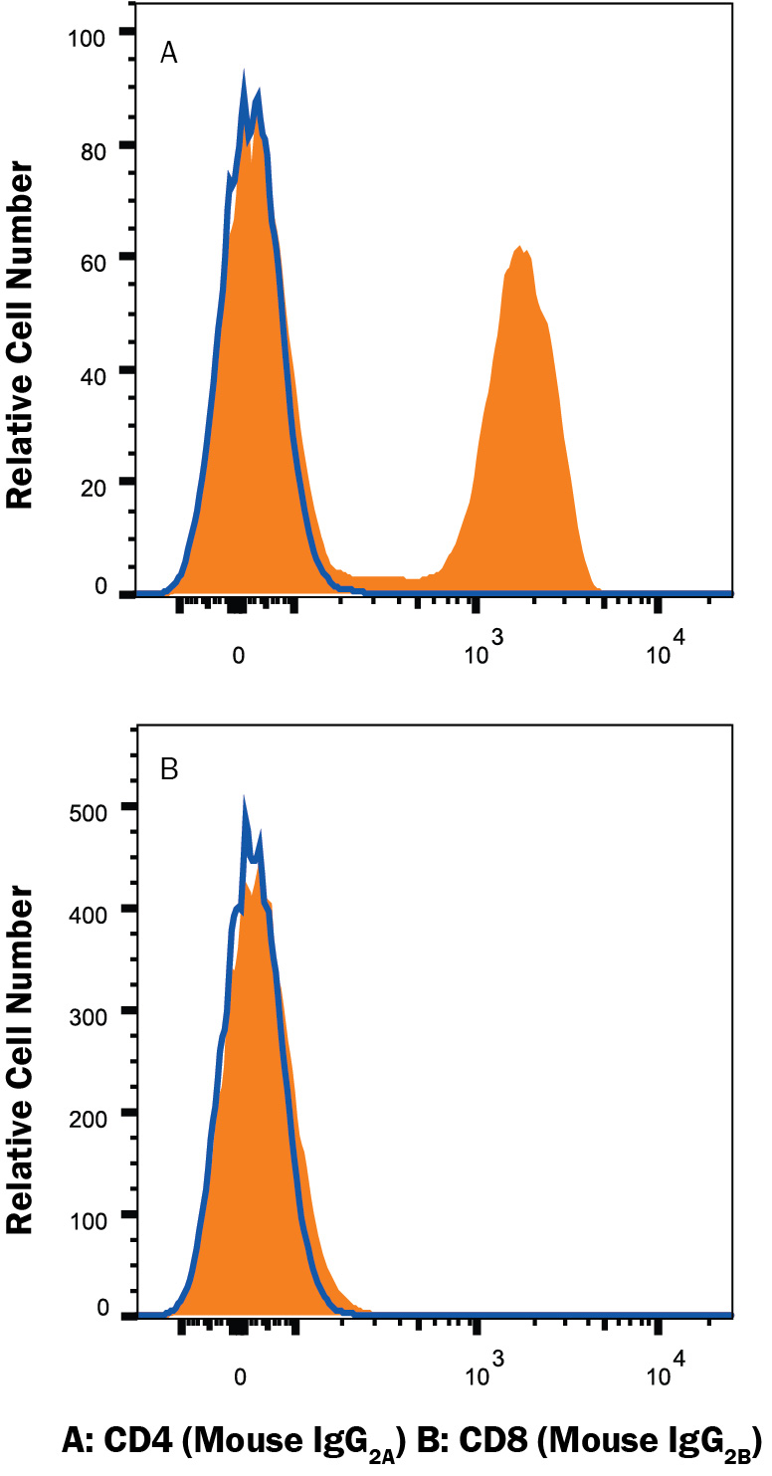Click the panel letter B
tap(169, 771)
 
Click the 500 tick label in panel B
tap(99, 807)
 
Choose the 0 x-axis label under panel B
tap(239, 1379)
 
